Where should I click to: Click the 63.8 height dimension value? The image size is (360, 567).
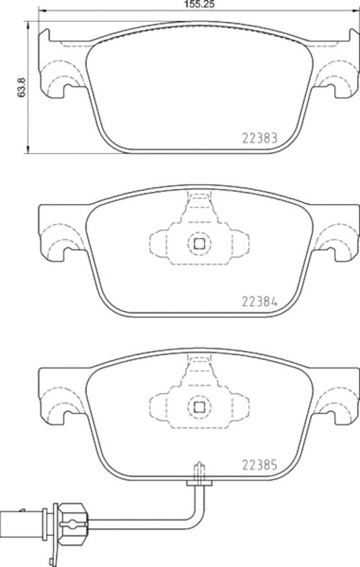click(22, 87)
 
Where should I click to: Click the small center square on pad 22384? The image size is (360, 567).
click(199, 244)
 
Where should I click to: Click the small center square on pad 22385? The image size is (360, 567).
click(199, 407)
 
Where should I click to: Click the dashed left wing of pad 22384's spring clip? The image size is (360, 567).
click(159, 245)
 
